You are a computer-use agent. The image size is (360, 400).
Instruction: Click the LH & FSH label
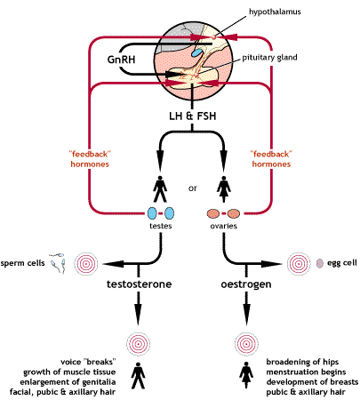(191, 114)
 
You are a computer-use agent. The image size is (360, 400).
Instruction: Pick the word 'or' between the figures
(191, 187)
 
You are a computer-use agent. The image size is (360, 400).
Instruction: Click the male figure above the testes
(161, 190)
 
